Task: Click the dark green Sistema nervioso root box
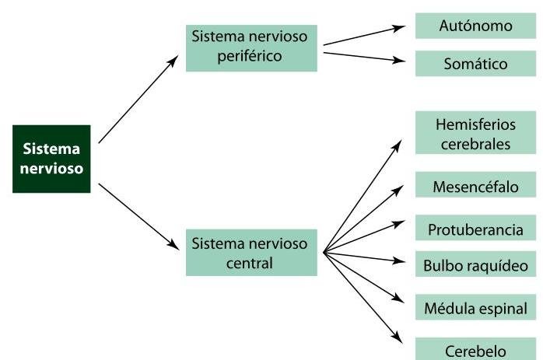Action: (x=51, y=159)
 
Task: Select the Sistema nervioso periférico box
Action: (x=251, y=47)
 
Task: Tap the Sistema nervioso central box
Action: (x=251, y=252)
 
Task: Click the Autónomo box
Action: (x=475, y=26)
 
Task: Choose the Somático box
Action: (x=475, y=64)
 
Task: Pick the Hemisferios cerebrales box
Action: (x=475, y=134)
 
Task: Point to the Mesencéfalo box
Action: (x=475, y=187)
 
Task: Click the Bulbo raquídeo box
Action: (x=475, y=265)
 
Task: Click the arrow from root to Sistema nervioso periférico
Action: (x=138, y=100)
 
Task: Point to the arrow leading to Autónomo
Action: (x=363, y=35)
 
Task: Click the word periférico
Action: (x=251, y=56)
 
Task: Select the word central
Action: (x=251, y=262)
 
